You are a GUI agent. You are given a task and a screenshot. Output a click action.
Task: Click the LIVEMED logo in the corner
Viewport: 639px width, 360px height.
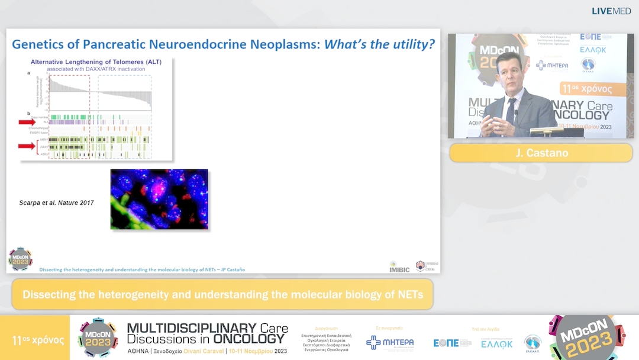[611, 11]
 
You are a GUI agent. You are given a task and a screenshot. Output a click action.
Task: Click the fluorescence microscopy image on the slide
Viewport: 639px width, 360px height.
[159, 200]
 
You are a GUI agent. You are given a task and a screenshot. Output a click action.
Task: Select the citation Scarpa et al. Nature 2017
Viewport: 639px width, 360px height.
[56, 203]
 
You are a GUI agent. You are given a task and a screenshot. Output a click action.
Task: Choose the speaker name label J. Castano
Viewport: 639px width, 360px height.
[541, 153]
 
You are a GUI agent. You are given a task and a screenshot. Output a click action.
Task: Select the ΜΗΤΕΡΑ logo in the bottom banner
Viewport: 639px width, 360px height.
[390, 343]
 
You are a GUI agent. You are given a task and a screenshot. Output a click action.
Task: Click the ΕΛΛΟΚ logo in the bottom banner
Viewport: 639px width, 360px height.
[496, 343]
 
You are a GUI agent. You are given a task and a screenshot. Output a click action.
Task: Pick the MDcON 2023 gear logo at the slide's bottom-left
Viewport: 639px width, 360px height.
[20, 259]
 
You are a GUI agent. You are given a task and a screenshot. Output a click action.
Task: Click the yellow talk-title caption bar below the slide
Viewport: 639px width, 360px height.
[222, 294]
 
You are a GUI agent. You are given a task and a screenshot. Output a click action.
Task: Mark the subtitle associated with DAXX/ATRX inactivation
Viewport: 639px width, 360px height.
[96, 69]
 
